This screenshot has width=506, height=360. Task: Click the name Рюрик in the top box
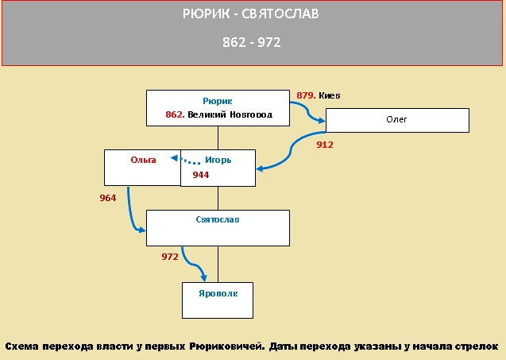(217, 101)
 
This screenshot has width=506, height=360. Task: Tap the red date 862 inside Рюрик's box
(175, 114)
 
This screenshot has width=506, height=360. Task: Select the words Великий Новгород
(230, 114)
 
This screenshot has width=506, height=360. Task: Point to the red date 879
(306, 95)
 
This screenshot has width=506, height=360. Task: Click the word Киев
(330, 95)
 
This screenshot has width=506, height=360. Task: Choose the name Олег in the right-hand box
(396, 119)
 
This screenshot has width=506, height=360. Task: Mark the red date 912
(325, 145)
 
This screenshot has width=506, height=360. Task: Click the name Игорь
(218, 160)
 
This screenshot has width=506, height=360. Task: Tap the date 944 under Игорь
(201, 175)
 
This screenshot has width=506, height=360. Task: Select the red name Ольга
(143, 160)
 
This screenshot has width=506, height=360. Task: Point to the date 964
(108, 198)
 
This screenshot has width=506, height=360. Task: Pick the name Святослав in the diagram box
(218, 219)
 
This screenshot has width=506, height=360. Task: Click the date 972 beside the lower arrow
(170, 257)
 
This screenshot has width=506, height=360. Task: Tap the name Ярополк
(218, 293)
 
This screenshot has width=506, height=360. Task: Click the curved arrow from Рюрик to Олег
(307, 112)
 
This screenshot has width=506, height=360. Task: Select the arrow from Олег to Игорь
(291, 150)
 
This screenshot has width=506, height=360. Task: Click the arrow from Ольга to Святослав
(130, 213)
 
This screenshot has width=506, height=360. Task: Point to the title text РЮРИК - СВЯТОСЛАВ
(251, 14)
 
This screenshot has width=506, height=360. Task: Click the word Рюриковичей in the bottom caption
(227, 346)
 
